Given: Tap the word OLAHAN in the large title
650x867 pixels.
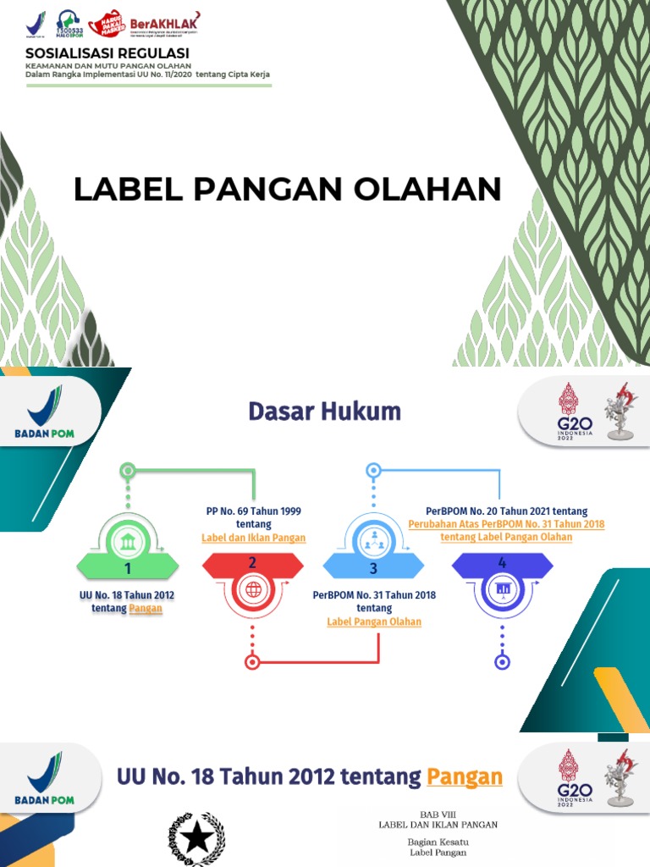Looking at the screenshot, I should [x=439, y=189].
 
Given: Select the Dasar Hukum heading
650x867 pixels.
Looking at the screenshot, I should [x=324, y=411].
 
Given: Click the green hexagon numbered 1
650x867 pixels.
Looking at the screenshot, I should [x=128, y=565].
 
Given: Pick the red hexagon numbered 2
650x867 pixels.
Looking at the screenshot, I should [x=252, y=564].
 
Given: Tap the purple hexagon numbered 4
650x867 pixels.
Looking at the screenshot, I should [x=502, y=564].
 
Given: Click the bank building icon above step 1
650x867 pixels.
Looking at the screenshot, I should [x=128, y=541].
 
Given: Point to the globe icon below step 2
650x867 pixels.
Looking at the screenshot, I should [x=252, y=591].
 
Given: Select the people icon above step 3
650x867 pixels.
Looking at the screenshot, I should [x=372, y=538].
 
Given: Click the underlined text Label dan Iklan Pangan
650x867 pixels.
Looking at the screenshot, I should [x=254, y=538].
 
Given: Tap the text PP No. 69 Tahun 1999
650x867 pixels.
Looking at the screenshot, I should [x=254, y=511].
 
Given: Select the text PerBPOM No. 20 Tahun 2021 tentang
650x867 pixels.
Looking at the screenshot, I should [x=506, y=511].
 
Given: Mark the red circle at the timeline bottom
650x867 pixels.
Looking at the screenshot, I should [x=251, y=662].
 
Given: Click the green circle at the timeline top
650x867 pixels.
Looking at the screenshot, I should [x=128, y=469].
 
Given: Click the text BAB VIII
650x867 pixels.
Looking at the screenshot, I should [x=438, y=813].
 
